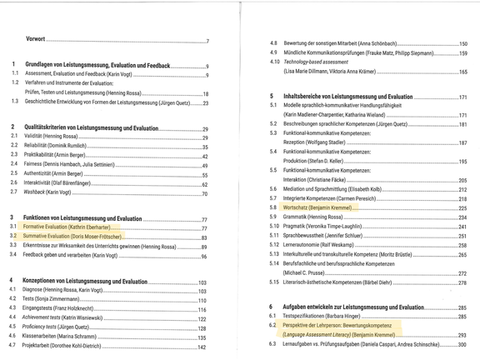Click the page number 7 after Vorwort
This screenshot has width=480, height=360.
point(207,41)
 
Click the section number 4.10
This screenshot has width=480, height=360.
point(274,62)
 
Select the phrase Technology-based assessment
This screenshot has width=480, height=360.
point(317,62)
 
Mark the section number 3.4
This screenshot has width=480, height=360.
point(12,256)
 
